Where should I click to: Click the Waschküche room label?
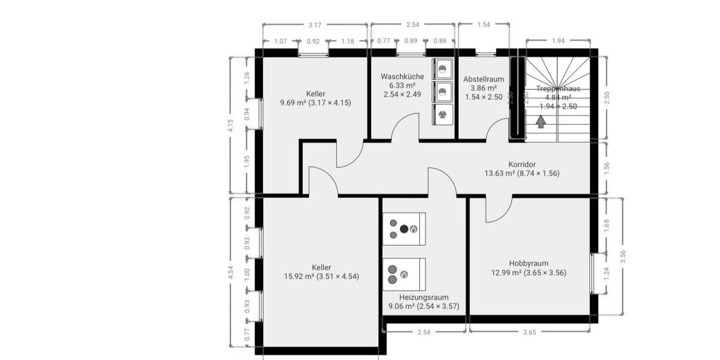(x=402, y=77)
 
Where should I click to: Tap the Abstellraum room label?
(x=484, y=79)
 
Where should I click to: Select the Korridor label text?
(x=521, y=164)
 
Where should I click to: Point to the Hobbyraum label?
(x=529, y=263)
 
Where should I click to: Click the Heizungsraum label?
(x=424, y=297)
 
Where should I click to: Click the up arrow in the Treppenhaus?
(x=541, y=122)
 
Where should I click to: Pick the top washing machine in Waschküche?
(x=443, y=69)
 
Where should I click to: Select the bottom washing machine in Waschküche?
(x=443, y=113)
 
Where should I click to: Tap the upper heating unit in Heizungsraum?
(x=404, y=229)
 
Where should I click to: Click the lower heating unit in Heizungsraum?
(x=404, y=274)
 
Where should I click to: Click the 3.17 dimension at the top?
(x=314, y=25)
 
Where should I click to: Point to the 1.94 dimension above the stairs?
(x=558, y=41)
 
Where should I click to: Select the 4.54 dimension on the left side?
(x=231, y=273)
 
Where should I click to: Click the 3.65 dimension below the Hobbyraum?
(x=530, y=331)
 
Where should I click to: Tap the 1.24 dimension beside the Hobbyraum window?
(x=607, y=274)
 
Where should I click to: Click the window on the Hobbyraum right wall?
(x=593, y=274)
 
